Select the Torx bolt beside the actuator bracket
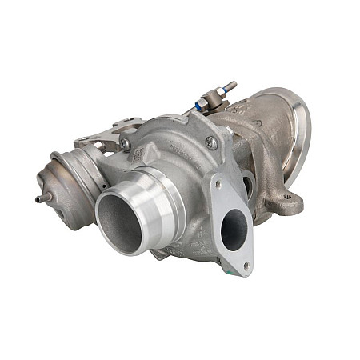(126, 144)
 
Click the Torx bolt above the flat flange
(211, 142)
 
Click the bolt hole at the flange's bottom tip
(246, 265)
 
